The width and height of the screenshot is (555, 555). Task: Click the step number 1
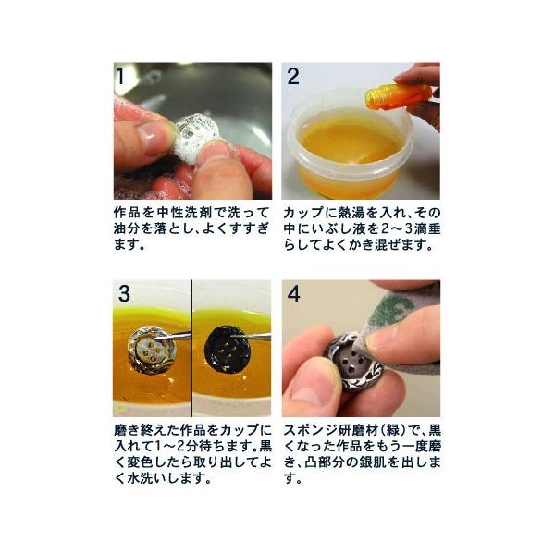[x=120, y=76]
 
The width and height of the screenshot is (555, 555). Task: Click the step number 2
[x=293, y=76]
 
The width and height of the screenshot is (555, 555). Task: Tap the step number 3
[x=124, y=293]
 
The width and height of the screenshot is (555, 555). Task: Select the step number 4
[x=294, y=293]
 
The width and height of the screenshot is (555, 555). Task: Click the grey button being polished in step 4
[x=357, y=362]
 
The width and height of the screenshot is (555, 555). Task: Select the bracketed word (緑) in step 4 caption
[x=393, y=430]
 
